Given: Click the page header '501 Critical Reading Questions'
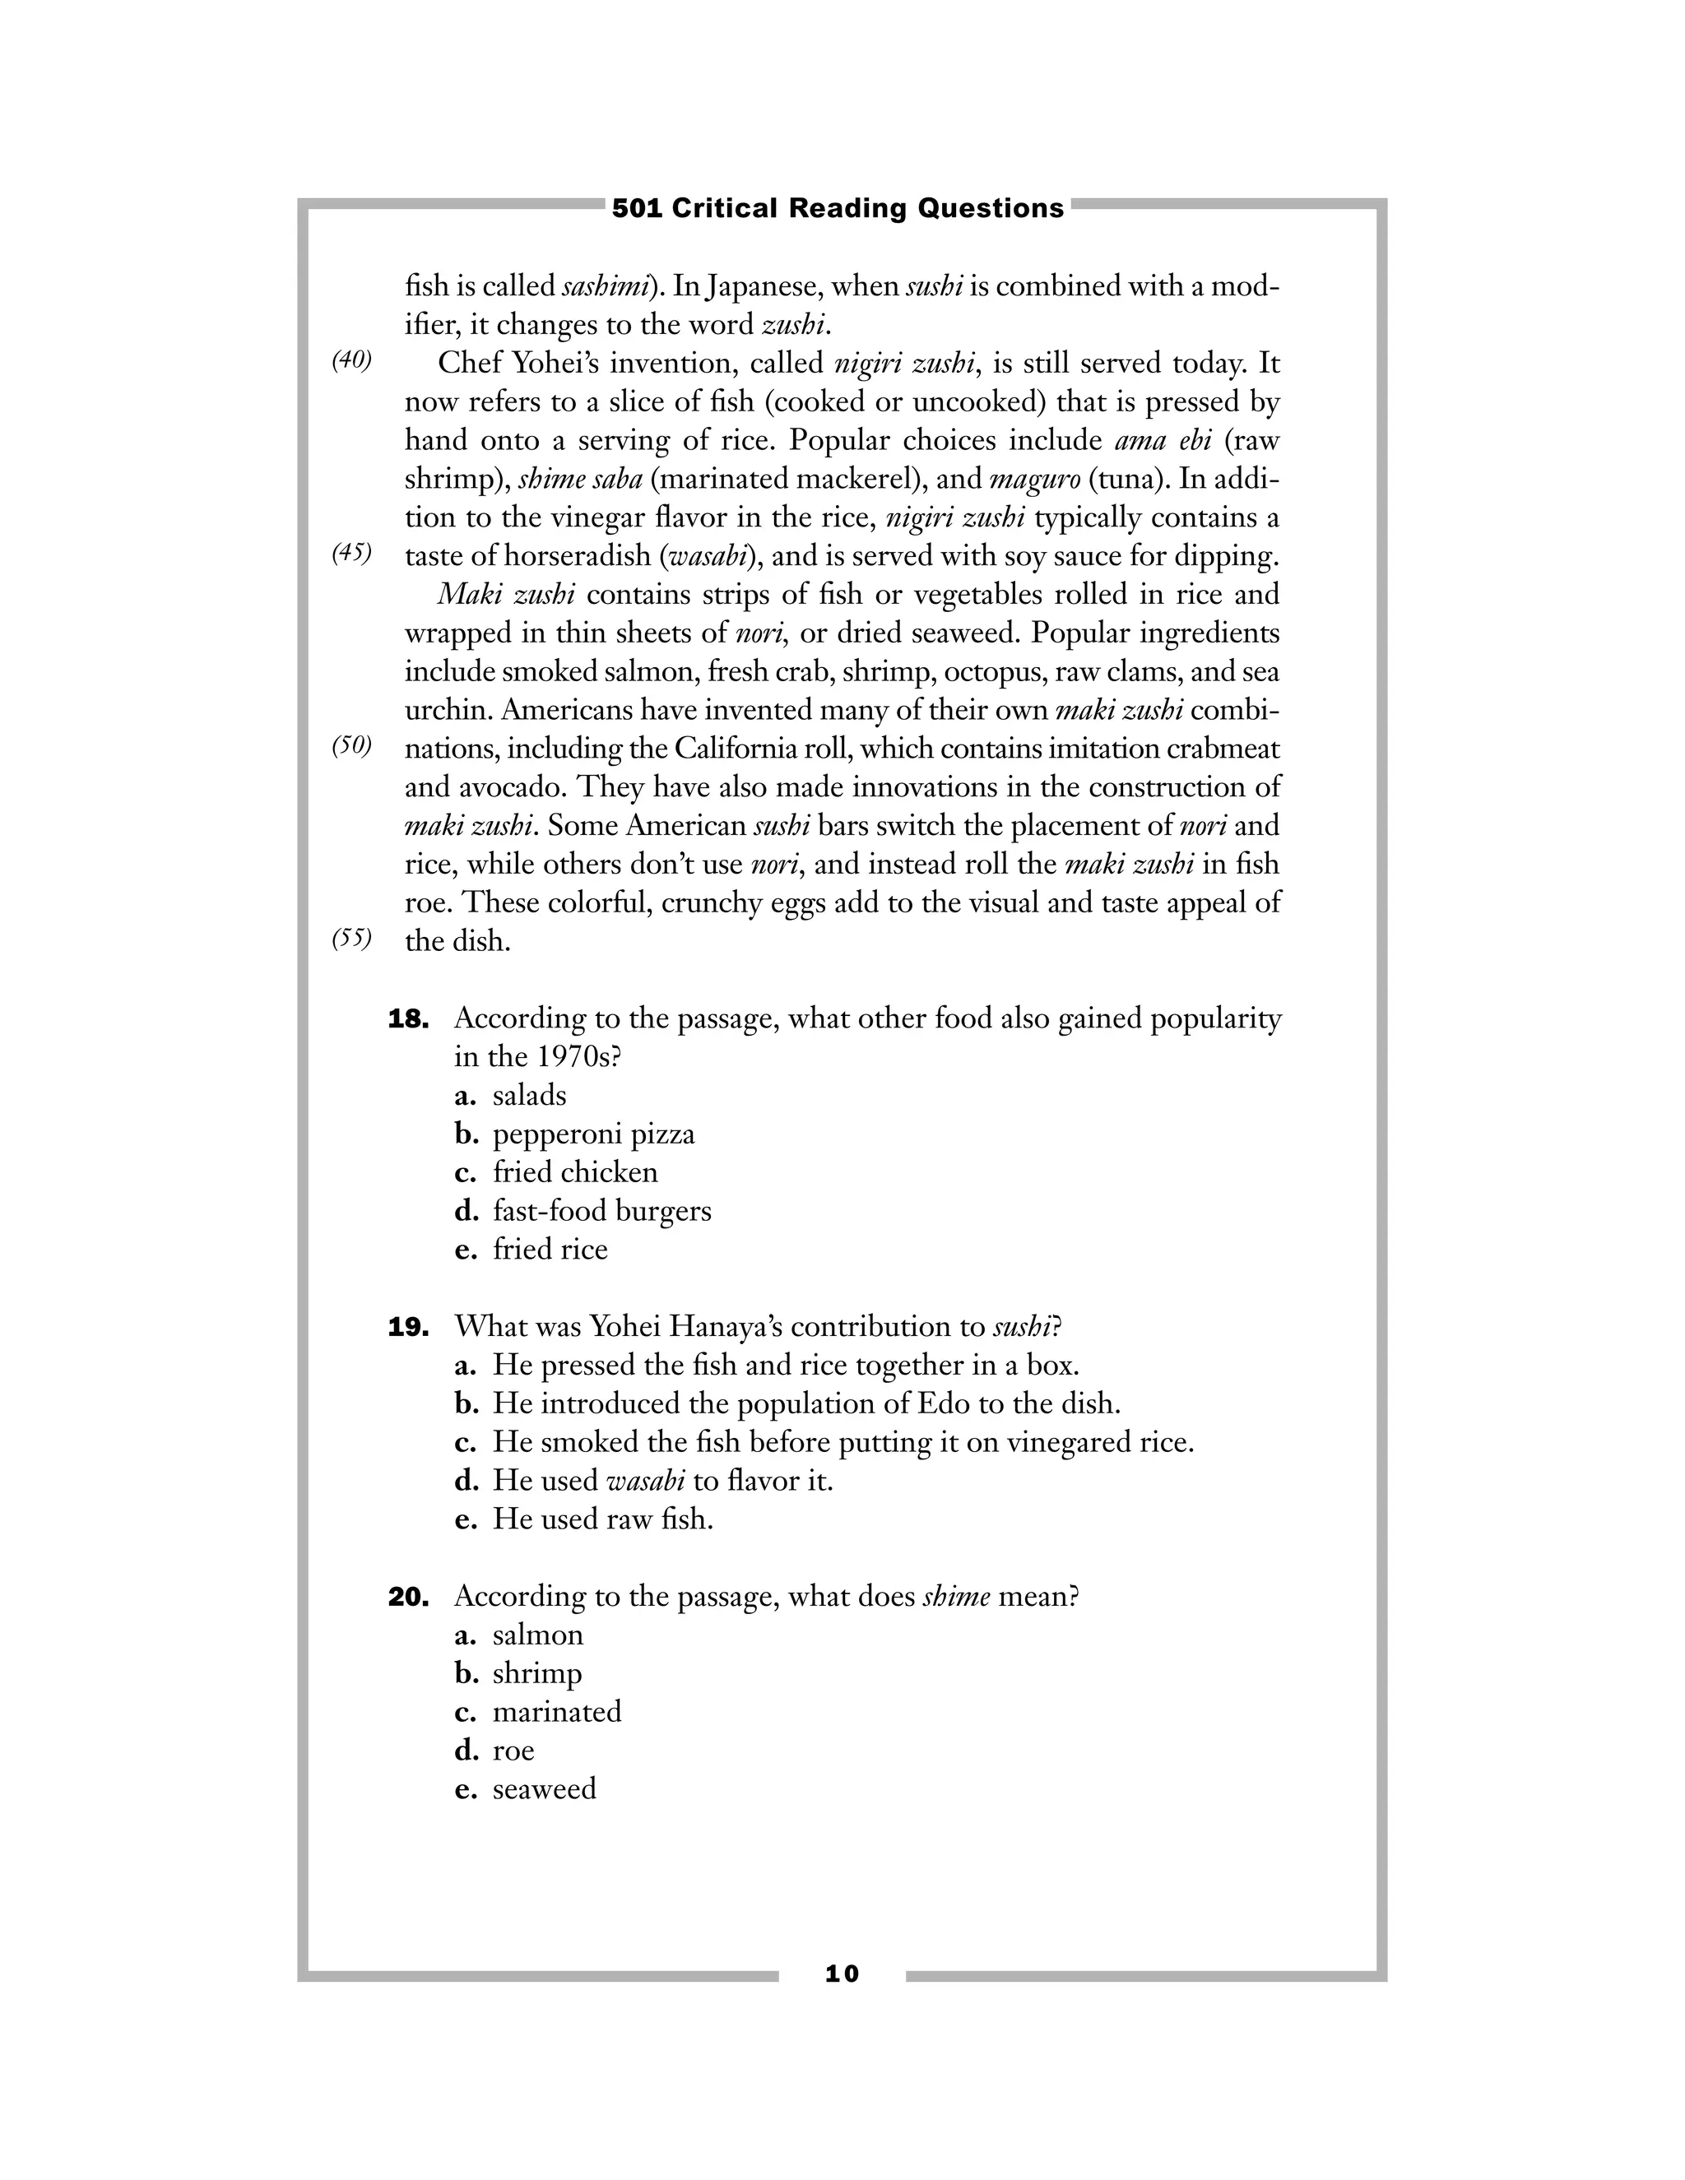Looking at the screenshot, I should [x=838, y=209].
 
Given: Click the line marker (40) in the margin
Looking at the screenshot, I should [x=351, y=360].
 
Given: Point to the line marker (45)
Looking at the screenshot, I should [x=351, y=553].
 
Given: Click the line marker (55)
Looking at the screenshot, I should [x=351, y=939].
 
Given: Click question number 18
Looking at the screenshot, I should [x=408, y=1019].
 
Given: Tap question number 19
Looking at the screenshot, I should [x=408, y=1328].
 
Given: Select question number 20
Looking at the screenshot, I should [x=408, y=1597].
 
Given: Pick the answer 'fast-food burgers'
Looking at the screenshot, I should [x=602, y=1212].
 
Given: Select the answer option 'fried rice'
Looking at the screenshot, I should [x=550, y=1250].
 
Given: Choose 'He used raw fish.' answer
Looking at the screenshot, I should [x=603, y=1519].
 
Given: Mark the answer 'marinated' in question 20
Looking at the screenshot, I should [x=557, y=1712].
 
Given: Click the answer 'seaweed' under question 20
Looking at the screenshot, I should [x=544, y=1788].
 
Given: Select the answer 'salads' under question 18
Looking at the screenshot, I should [x=529, y=1096].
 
